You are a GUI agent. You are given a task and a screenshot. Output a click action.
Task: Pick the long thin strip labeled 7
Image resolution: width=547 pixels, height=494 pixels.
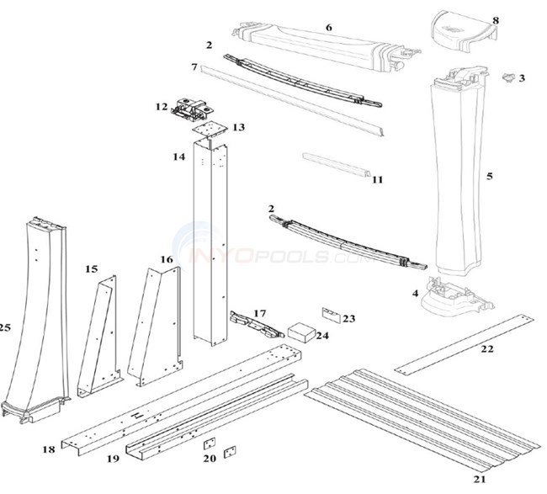pos(290,102)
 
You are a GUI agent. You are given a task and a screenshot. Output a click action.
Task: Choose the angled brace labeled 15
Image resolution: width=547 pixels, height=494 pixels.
pos(98,337)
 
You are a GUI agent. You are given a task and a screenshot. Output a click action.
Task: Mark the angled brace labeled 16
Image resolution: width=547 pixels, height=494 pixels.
pos(154,324)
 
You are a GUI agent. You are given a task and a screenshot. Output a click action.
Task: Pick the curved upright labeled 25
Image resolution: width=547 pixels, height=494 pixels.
pos(34,320)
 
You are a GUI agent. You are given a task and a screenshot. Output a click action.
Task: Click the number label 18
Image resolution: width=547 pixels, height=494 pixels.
pos(49,450)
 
